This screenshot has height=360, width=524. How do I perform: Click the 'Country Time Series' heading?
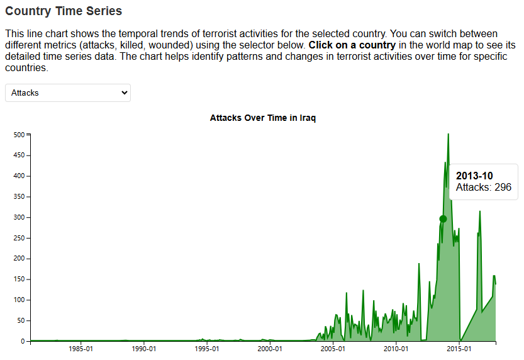tap(64, 11)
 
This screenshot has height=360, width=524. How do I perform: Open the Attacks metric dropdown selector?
tap(68, 93)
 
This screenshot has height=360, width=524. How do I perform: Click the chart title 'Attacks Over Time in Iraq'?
tap(262, 118)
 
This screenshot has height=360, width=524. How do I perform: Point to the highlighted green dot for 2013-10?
tap(443, 219)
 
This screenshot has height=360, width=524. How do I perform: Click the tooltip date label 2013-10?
tap(474, 176)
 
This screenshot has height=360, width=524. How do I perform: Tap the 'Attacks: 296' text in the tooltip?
tap(483, 188)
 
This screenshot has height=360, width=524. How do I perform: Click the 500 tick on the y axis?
tap(19, 135)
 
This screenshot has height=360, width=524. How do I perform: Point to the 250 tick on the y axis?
tap(19, 238)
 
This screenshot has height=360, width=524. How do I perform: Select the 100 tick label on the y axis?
tap(19, 300)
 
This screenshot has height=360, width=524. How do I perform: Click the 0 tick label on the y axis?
tap(22, 342)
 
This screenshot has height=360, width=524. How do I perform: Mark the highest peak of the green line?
tap(448, 134)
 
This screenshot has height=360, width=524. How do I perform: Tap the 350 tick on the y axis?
tap(19, 197)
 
